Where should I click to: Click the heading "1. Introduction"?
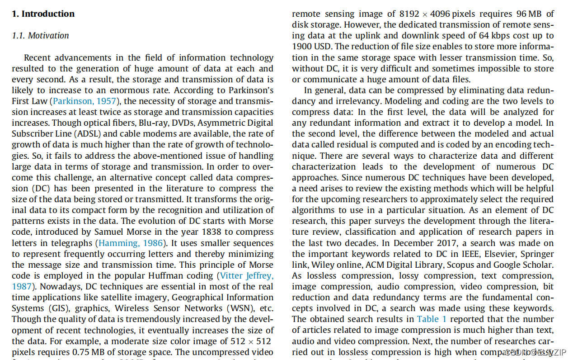click(x=43, y=14)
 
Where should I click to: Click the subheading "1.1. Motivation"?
click(x=40, y=35)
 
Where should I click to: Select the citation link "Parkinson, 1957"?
click(x=85, y=101)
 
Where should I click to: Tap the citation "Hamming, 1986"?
click(x=131, y=243)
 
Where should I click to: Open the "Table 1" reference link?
click(x=431, y=319)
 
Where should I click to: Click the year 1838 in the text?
click(x=193, y=232)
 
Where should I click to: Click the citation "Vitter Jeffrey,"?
click(x=246, y=275)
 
